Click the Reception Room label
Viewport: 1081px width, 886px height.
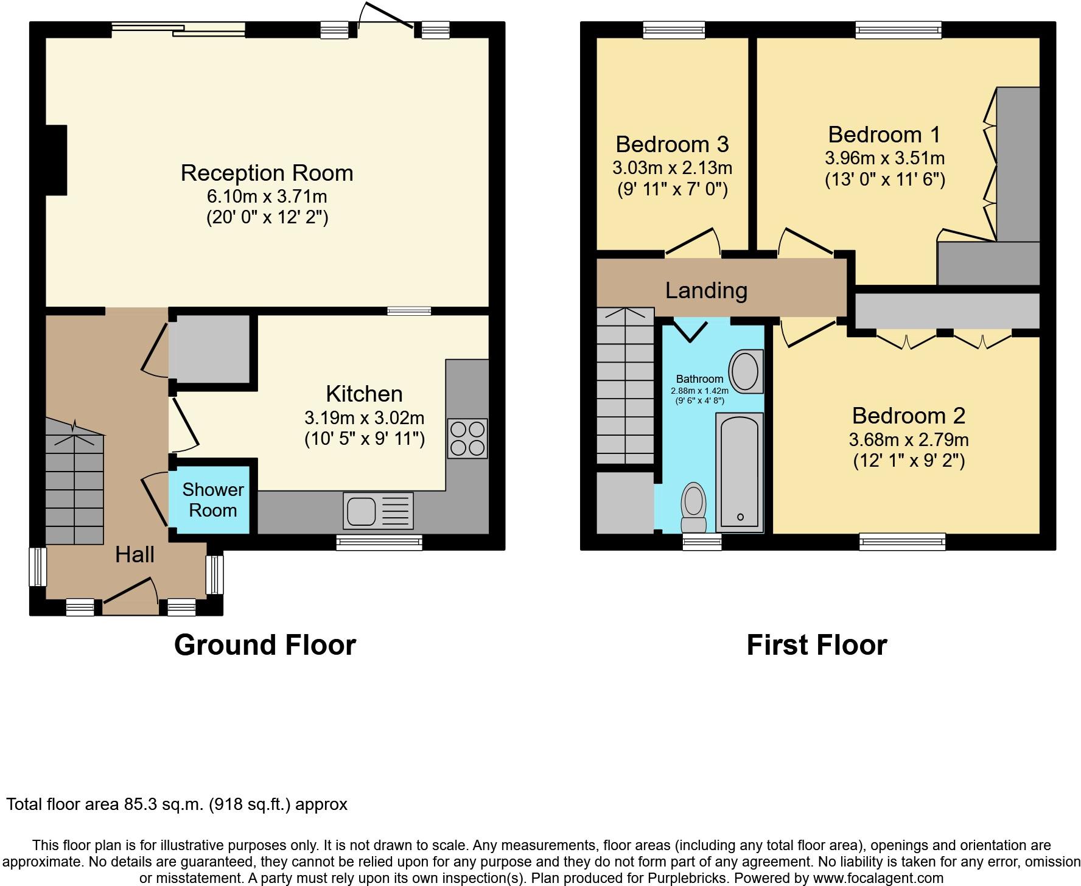click(x=267, y=173)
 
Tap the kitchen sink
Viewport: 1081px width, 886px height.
click(x=378, y=510)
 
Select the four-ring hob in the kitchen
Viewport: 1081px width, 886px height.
click(x=467, y=438)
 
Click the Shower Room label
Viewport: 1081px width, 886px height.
click(x=212, y=500)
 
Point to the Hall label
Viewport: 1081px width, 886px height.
click(x=135, y=554)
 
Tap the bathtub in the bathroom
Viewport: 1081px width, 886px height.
click(x=740, y=472)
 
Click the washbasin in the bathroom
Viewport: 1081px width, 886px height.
click(x=745, y=371)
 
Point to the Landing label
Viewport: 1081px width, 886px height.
click(x=706, y=290)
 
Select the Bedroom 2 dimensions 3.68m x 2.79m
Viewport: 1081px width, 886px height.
click(x=909, y=439)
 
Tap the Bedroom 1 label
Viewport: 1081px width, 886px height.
click(x=884, y=134)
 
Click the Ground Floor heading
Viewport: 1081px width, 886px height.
click(x=265, y=645)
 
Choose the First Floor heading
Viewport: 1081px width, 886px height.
click(x=817, y=645)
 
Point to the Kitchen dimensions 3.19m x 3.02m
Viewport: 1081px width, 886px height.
click(x=365, y=418)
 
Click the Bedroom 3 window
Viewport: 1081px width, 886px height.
click(x=674, y=30)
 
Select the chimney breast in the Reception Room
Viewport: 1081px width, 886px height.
click(x=56, y=160)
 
